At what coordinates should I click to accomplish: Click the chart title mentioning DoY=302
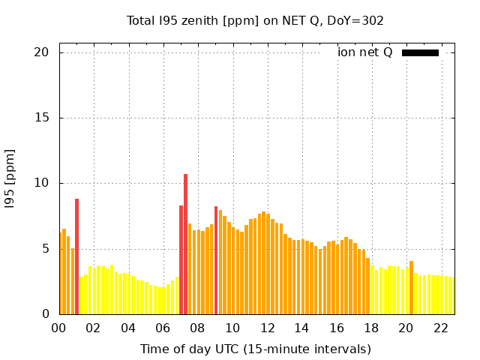[255, 21]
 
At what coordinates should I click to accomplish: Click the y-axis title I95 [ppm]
[10, 178]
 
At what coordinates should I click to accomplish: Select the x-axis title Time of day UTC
[255, 349]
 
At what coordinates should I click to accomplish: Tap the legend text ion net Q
[364, 52]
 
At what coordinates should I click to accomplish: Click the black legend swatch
[420, 52]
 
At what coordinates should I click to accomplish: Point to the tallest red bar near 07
[185, 244]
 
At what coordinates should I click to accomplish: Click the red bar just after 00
[76, 256]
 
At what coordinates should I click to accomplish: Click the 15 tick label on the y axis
[41, 118]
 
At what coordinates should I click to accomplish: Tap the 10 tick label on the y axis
[41, 183]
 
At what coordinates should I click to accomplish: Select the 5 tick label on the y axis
[45, 249]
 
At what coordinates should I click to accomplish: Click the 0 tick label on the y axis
[45, 314]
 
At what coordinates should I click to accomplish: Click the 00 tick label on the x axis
[59, 328]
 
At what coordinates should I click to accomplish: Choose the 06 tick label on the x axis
[163, 328]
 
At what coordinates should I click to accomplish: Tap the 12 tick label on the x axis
[267, 328]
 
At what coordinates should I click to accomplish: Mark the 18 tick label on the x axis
[370, 328]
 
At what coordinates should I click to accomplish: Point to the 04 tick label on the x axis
[128, 328]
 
